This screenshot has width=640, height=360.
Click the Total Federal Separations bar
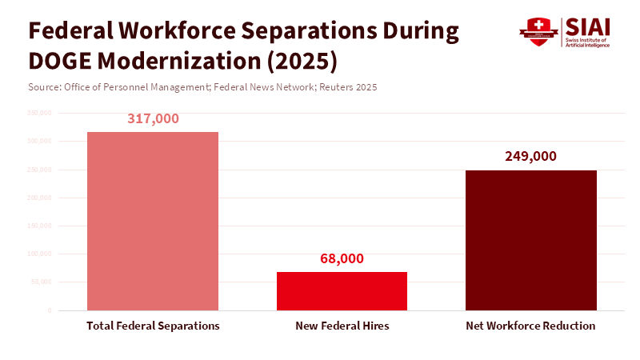(x=152, y=221)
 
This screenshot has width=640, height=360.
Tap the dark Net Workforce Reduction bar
(x=530, y=240)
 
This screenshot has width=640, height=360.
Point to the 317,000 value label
(x=153, y=118)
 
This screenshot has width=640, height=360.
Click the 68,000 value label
(x=342, y=258)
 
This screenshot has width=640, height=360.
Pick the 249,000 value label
(x=530, y=157)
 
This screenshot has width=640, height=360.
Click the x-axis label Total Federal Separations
(x=153, y=326)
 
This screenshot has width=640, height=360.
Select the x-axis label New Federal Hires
(x=342, y=326)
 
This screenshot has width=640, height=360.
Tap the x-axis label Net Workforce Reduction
(x=530, y=326)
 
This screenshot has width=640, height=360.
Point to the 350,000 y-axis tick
(x=40, y=113)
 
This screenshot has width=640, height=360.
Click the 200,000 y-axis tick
(x=40, y=198)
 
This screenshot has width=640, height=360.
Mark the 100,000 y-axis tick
(x=40, y=254)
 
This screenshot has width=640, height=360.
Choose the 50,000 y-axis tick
(x=42, y=282)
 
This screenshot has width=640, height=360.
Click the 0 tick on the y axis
(x=49, y=310)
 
